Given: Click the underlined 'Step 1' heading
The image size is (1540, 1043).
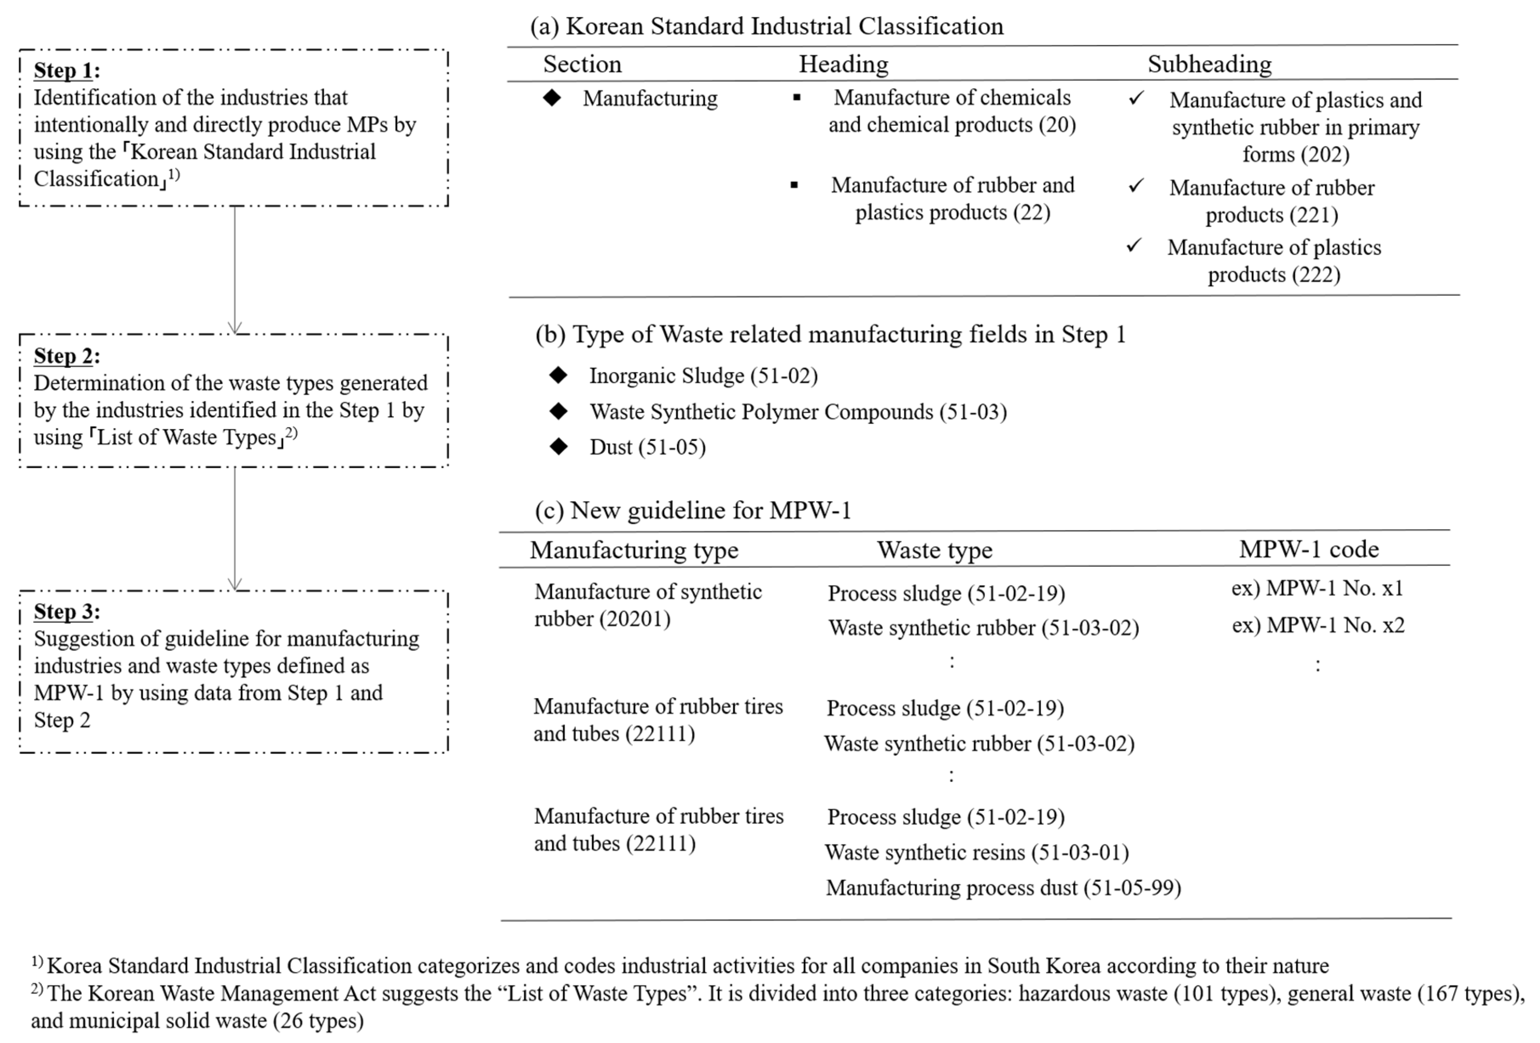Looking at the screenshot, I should (63, 70).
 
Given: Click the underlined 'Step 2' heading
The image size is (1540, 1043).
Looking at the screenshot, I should (63, 356).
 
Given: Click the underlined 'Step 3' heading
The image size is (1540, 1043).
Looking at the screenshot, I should (63, 611).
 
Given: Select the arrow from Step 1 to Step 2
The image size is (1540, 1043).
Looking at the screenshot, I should (235, 268).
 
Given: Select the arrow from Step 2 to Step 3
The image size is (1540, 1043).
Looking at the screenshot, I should (235, 527).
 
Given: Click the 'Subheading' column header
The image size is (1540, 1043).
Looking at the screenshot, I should (1209, 64).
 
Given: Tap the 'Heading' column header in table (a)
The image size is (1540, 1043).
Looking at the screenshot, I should (843, 64).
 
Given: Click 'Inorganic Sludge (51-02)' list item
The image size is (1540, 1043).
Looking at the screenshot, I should (703, 376).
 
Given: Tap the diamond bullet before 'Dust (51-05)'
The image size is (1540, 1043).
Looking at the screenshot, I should (559, 446).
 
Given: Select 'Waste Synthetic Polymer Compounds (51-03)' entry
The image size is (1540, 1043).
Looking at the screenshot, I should (798, 412).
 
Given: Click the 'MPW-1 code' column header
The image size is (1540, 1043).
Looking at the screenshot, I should (1309, 549).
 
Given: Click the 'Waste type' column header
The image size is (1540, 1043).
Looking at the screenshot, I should (935, 550).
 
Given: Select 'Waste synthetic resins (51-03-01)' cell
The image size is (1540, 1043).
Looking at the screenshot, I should (977, 852).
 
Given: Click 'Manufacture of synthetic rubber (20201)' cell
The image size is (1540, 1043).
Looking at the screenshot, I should (648, 605).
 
